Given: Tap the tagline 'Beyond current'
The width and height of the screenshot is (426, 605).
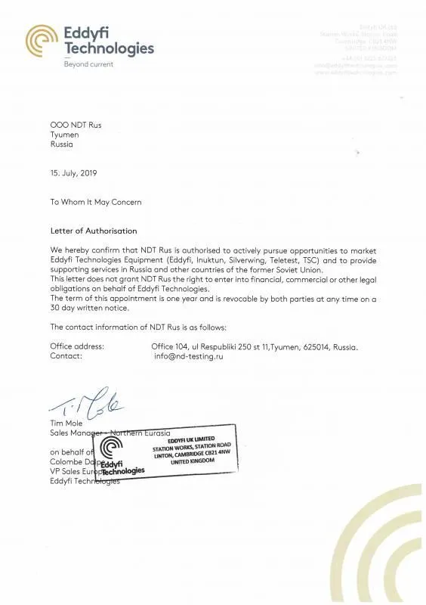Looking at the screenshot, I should (88, 64).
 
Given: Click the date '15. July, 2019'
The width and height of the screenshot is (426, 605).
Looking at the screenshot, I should (73, 173).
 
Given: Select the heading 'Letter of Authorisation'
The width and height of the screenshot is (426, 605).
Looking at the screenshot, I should (94, 231).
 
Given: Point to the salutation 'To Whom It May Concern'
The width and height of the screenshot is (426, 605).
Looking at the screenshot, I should (96, 202).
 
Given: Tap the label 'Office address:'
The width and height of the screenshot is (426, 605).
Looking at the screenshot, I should (77, 346).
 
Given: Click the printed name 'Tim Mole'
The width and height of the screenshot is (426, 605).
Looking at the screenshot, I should (66, 423).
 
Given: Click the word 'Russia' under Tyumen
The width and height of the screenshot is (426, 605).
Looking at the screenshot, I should (62, 144).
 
